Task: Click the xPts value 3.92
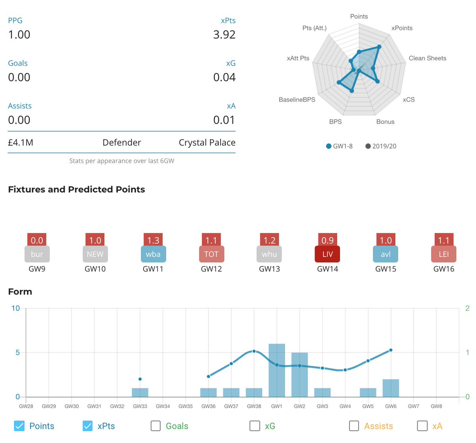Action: pos(224,35)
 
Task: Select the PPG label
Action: pos(15,21)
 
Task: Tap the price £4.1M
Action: pos(21,143)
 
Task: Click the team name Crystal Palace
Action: pos(207,143)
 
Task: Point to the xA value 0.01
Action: pos(224,120)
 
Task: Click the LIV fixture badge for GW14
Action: pos(327,254)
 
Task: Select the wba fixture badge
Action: pos(153,254)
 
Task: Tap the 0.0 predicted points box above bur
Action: pos(37,240)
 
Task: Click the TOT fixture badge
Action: pos(211,254)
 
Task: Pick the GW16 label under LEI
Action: pos(443,269)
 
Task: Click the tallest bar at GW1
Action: pos(276,371)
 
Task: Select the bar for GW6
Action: pos(391,388)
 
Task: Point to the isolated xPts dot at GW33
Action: pos(140,379)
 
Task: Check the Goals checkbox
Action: pos(156,426)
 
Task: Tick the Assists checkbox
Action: pos(354,426)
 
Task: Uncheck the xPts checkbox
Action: pos(88,426)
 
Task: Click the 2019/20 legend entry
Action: pos(380,146)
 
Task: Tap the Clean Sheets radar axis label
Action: pos(427,58)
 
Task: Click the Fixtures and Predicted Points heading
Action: pos(77,190)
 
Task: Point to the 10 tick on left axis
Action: pos(15,308)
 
